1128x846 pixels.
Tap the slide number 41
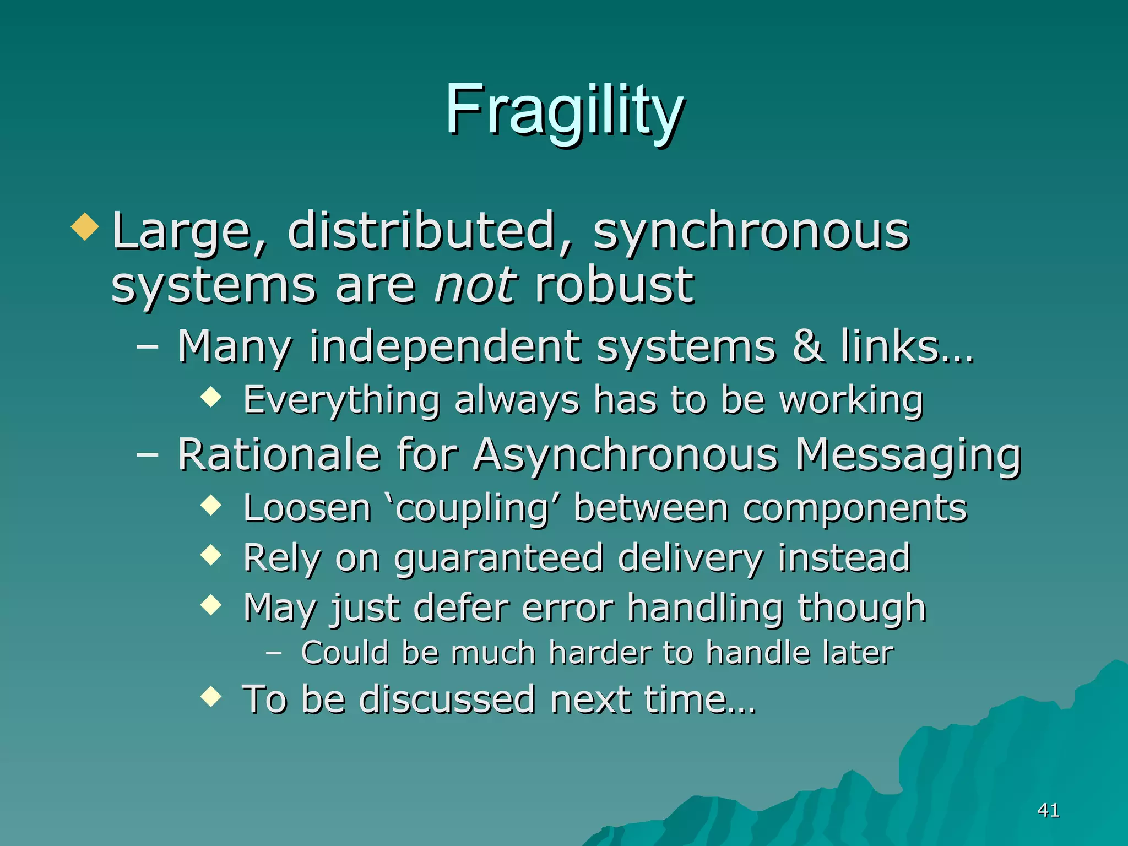coord(1048,810)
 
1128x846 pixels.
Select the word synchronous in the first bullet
coord(751,231)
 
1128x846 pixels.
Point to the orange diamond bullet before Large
coord(85,226)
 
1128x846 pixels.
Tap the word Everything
coord(341,400)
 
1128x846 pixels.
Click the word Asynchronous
coord(626,456)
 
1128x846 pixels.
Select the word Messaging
coord(908,456)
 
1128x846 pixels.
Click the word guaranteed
coord(499,558)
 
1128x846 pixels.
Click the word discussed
coord(447,699)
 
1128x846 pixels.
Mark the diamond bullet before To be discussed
coord(211,696)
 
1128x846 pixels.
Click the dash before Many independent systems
coord(147,347)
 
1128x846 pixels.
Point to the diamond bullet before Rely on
coord(211,555)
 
